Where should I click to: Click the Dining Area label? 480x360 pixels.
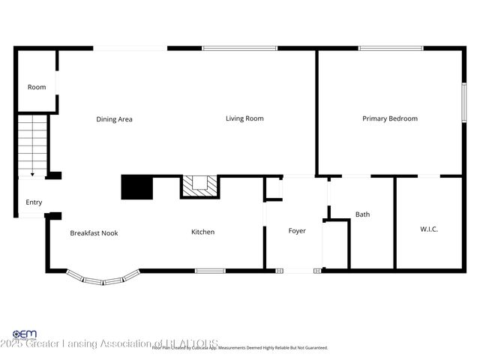click(114, 118)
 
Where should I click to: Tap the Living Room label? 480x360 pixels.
click(244, 118)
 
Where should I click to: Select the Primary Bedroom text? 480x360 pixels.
click(389, 118)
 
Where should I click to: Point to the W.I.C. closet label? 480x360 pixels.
click(429, 229)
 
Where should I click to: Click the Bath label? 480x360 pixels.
click(362, 214)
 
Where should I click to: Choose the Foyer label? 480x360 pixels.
click(297, 231)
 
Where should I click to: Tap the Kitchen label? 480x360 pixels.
click(202, 232)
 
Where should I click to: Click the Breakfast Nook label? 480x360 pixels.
click(94, 232)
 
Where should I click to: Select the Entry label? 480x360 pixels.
click(34, 202)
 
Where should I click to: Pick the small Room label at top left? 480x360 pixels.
click(37, 87)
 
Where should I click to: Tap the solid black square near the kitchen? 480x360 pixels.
click(136, 187)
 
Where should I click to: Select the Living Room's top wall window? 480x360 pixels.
click(239, 49)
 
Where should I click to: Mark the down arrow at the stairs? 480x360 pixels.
click(32, 173)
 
